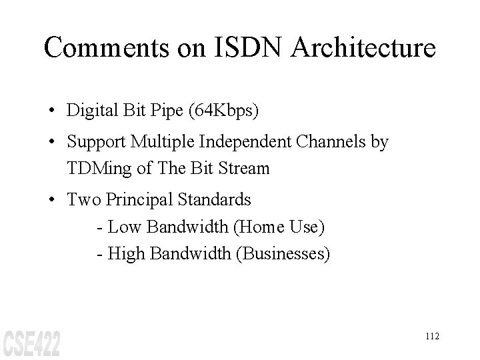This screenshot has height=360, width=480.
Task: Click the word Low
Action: pyautogui.click(x=125, y=227)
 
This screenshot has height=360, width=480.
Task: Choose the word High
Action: pyautogui.click(x=127, y=253)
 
